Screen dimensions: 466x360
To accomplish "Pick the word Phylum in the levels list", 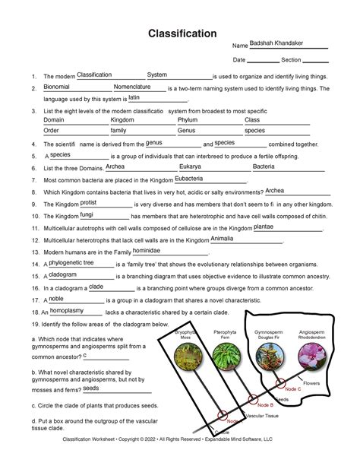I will click(x=188, y=120).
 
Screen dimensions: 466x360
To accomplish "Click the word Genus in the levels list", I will click(x=187, y=131).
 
